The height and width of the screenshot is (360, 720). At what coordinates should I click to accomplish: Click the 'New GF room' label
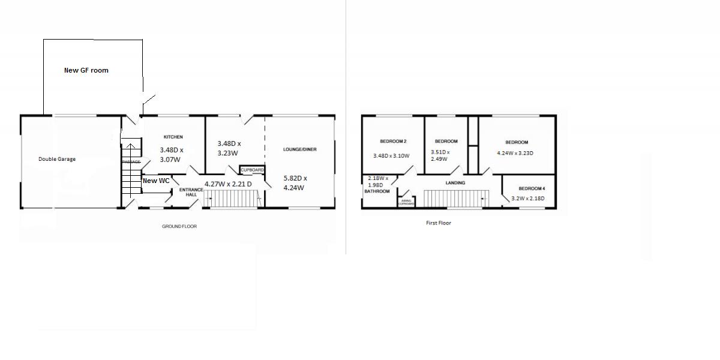pos(86,70)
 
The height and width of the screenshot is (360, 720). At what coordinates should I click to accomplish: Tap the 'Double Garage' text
pos(57,159)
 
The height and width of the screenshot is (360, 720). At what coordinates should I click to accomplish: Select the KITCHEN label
pos(173,137)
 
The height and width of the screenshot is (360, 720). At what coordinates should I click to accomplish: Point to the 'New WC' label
pos(156,181)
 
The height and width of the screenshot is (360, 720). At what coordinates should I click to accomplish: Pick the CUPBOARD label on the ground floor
pos(252,170)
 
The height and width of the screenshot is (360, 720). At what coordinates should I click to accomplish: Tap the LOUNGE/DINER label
pos(300,149)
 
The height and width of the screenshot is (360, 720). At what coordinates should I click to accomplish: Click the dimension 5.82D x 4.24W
pos(295,182)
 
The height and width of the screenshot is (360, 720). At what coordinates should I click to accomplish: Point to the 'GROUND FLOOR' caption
pos(179,226)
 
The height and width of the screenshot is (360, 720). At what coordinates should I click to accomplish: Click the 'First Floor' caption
pos(438,223)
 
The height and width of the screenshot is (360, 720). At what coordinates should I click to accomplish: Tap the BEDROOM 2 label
pos(394,142)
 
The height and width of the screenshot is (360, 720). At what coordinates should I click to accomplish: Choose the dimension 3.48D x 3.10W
pos(391,156)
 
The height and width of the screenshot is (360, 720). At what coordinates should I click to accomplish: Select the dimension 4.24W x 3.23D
pos(515,153)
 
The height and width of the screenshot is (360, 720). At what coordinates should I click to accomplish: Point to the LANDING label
pos(455,182)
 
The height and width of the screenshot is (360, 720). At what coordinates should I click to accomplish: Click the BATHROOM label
pos(377,191)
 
